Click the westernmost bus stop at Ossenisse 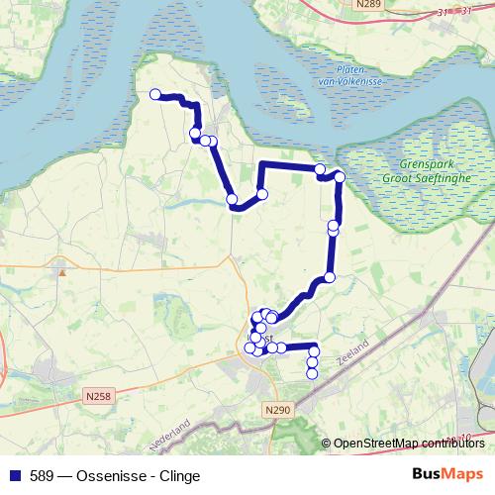[x=155, y=95]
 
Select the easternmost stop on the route [x=340, y=177]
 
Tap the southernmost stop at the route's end [x=312, y=374]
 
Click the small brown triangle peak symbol [x=62, y=268]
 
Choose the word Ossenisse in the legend [x=104, y=476]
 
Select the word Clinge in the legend [x=178, y=476]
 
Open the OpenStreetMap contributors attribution [x=408, y=444]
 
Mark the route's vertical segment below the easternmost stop [x=338, y=203]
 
